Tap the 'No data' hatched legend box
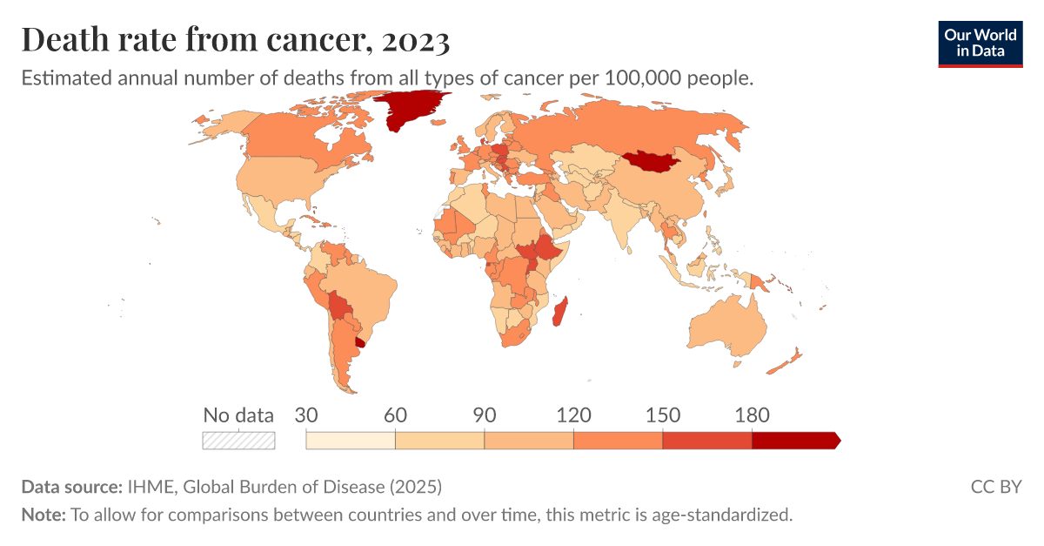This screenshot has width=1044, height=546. point(238,441)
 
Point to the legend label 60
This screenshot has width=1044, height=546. point(395,415)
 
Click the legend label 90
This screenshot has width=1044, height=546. point(485,415)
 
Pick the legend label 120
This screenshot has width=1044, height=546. point(573,415)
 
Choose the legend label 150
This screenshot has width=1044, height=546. point(663,415)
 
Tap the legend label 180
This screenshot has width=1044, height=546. point(753,415)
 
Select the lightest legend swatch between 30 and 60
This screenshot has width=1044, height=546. point(351,441)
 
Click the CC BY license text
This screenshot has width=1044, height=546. point(995,486)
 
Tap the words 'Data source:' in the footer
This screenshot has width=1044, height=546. point(71,486)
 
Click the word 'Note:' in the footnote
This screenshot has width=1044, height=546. point(43,515)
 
